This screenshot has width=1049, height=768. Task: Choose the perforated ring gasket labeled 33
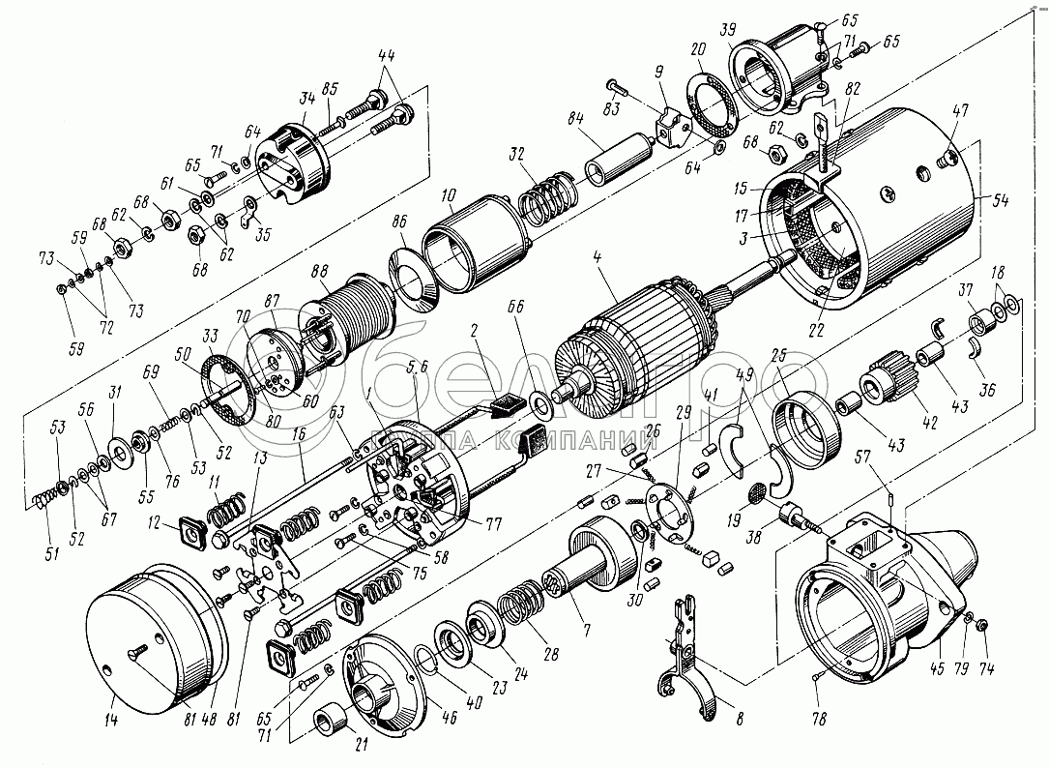tap(226, 387)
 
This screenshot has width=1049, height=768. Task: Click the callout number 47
tap(959, 110)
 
